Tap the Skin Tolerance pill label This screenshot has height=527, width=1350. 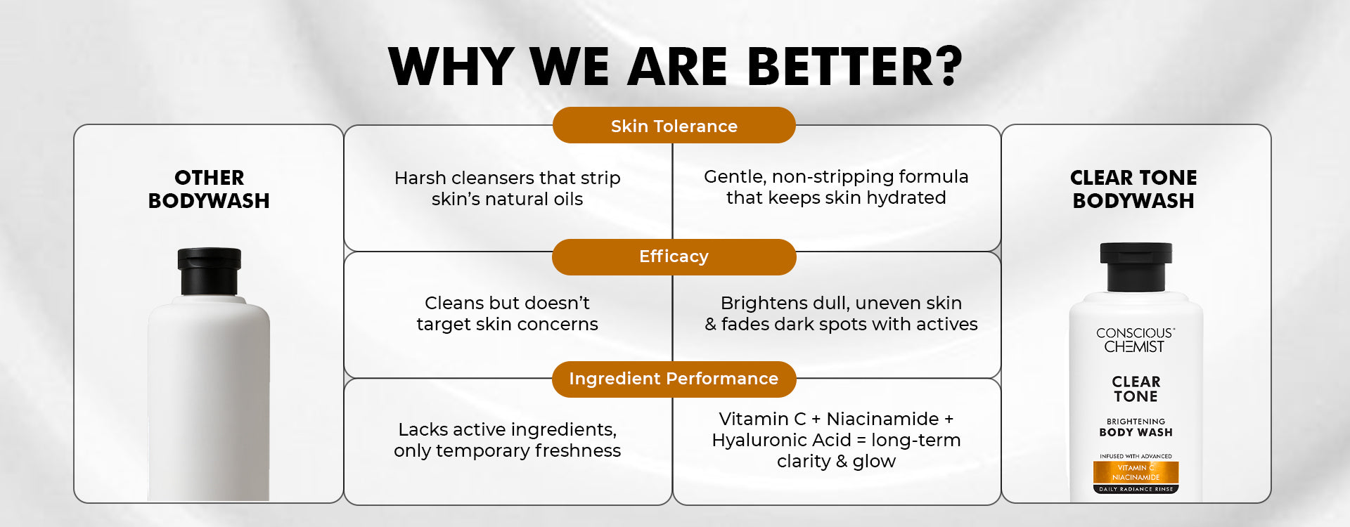[674, 126]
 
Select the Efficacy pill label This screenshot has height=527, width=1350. [674, 256]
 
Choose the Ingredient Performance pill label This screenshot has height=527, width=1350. [674, 379]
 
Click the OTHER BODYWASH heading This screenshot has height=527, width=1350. [209, 189]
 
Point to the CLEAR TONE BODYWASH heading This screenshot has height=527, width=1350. [1133, 189]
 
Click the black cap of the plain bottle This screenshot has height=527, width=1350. [210, 271]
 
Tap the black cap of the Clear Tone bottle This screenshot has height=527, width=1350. [1136, 267]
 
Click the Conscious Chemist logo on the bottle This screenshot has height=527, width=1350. [1135, 340]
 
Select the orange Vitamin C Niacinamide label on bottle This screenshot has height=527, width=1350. [1136, 472]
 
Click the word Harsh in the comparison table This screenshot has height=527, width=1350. [420, 178]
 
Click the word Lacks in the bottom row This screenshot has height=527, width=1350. [422, 429]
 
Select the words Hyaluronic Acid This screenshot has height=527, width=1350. [781, 441]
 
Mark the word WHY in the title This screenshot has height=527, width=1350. [451, 67]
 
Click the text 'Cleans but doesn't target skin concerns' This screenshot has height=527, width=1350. [507, 313]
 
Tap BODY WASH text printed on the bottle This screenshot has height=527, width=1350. [1136, 432]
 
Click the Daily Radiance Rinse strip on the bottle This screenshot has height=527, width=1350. [1136, 489]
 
